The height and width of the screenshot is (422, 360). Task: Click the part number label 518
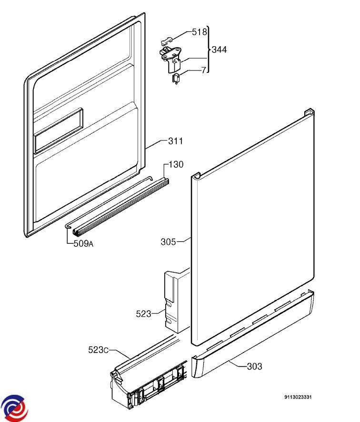pos(200,32)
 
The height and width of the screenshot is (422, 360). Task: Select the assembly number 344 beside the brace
pos(219,50)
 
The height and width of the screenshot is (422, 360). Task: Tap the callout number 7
pos(204,70)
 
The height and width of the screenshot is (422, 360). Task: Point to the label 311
pos(175,141)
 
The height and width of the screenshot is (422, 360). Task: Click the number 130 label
pos(176,164)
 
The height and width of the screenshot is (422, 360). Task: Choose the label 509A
pos(83,244)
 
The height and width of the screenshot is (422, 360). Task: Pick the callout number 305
pos(168,241)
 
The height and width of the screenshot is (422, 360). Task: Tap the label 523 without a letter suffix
pos(143,314)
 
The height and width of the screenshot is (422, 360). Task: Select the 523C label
pos(98,350)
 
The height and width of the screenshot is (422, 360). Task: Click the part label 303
pos(254,366)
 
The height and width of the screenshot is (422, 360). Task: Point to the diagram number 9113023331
pos(298,397)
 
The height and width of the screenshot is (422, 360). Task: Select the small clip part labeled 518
pos(166,40)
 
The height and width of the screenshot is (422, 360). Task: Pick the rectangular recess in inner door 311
pos(59,131)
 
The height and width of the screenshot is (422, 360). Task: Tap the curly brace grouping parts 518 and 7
pos(209,50)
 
